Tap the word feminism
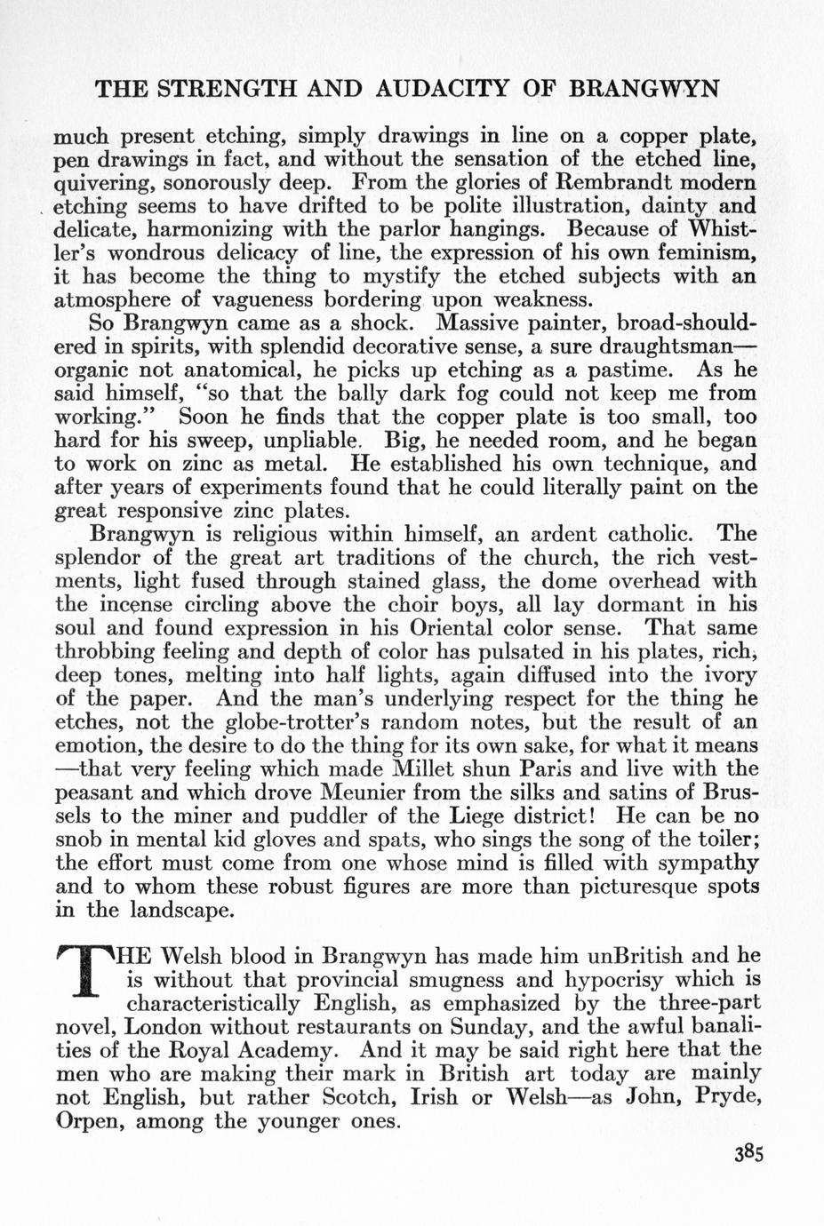point(703,253)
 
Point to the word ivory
point(727,674)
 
